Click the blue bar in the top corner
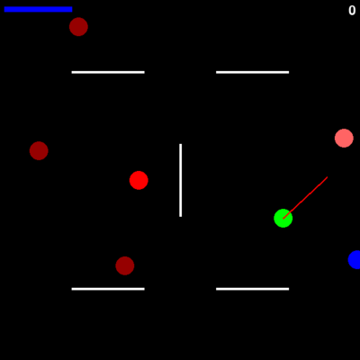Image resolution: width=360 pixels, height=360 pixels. tap(38, 9)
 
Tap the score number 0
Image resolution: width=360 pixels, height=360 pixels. tap(352, 11)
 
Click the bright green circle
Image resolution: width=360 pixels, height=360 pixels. tap(283, 218)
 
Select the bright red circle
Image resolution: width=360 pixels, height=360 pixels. tap(139, 180)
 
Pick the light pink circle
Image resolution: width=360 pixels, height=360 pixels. tap(344, 138)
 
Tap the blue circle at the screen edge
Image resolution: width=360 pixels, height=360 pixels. tap(355, 259)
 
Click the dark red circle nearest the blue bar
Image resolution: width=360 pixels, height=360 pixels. tap(78, 27)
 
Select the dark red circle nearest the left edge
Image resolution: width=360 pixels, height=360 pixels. tap(39, 150)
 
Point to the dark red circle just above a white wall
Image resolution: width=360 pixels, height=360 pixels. tap(125, 265)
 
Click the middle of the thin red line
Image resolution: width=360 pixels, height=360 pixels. tap(305, 198)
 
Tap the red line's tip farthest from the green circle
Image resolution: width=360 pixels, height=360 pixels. tap(328, 177)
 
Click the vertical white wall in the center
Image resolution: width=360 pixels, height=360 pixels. tap(181, 180)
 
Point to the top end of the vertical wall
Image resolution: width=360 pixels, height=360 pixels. tap(181, 144)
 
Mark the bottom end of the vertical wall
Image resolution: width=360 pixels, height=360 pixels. tap(181, 216)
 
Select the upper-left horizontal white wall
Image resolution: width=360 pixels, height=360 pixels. tap(108, 72)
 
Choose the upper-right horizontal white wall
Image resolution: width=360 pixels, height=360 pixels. tap(253, 72)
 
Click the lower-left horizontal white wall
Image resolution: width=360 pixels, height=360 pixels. tap(108, 289)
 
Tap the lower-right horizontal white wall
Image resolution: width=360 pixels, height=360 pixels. tap(253, 289)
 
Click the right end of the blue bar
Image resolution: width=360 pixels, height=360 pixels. tap(72, 9)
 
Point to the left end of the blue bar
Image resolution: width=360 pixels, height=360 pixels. tap(4, 9)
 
